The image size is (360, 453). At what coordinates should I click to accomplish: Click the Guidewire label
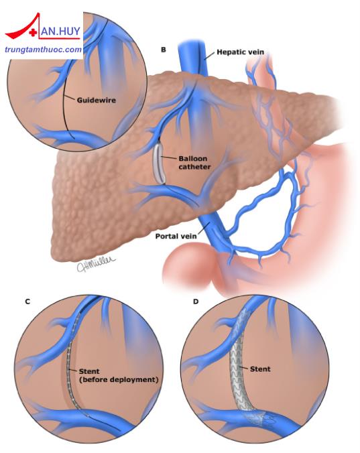[97, 101]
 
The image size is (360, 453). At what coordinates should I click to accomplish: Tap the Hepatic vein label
[241, 52]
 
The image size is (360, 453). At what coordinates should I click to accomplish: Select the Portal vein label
[176, 236]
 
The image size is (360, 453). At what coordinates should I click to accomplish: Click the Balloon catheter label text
[194, 163]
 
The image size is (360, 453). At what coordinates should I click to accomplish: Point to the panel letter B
[164, 50]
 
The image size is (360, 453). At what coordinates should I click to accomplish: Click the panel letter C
[27, 302]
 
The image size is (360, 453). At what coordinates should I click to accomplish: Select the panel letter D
[196, 302]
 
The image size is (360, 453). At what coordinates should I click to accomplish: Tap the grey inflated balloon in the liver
[159, 164]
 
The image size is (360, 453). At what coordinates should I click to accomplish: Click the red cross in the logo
[34, 33]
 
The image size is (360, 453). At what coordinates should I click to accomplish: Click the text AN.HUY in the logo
[60, 31]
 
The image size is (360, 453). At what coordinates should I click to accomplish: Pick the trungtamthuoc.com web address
[44, 50]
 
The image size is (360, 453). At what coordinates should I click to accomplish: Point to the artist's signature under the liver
[96, 263]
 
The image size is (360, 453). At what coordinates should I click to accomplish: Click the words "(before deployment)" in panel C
[119, 379]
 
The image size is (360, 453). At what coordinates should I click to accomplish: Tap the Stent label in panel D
[260, 369]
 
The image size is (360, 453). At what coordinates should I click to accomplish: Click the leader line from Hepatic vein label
[210, 56]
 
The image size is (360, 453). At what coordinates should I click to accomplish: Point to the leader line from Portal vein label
[202, 229]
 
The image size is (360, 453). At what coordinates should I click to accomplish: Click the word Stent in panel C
[89, 371]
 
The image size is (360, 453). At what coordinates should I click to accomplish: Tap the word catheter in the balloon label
[194, 167]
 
